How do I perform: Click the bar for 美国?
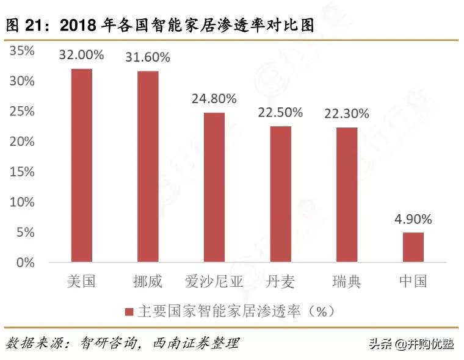81,166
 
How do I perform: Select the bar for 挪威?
148,167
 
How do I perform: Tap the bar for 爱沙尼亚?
214,188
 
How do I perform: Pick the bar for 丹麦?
280,195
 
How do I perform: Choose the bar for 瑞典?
347,195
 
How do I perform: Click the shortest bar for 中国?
413,248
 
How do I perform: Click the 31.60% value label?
148,58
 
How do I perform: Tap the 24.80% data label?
214,99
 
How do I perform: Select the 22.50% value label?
280,112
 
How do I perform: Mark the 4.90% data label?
413,219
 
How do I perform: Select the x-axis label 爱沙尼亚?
214,282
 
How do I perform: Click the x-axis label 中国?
413,282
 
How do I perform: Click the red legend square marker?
129,312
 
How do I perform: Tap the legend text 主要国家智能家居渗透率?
217,312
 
